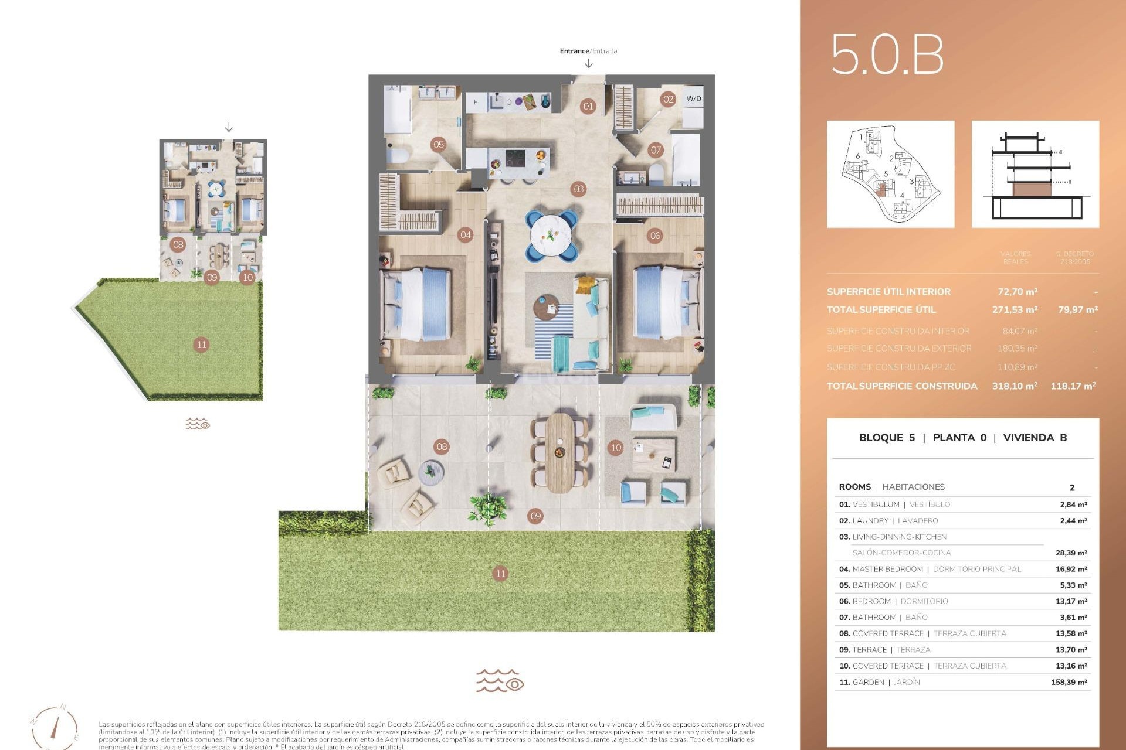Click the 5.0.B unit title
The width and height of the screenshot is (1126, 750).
tap(887, 54)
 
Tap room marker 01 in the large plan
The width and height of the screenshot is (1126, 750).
tap(588, 106)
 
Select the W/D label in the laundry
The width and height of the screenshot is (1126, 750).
tap(693, 98)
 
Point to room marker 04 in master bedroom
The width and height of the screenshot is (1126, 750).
tap(465, 235)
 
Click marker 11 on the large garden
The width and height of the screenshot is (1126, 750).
tap(500, 574)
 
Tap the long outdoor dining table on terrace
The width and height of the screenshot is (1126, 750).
tap(560, 453)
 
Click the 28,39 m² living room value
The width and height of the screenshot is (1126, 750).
tap(1071, 553)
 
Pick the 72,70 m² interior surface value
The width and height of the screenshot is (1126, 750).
tap(1018, 292)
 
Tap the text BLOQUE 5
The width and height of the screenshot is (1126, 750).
tap(886, 438)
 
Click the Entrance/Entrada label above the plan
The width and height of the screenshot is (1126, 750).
tap(588, 51)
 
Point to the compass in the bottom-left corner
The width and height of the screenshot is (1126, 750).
tap(55, 727)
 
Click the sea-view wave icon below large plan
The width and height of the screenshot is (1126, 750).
tap(500, 681)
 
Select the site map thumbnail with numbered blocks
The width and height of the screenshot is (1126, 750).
tap(890, 174)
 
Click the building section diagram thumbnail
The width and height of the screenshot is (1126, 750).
tap(1035, 174)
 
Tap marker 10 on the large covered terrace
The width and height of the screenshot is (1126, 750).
tap(616, 448)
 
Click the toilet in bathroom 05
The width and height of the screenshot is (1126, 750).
tap(398, 155)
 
